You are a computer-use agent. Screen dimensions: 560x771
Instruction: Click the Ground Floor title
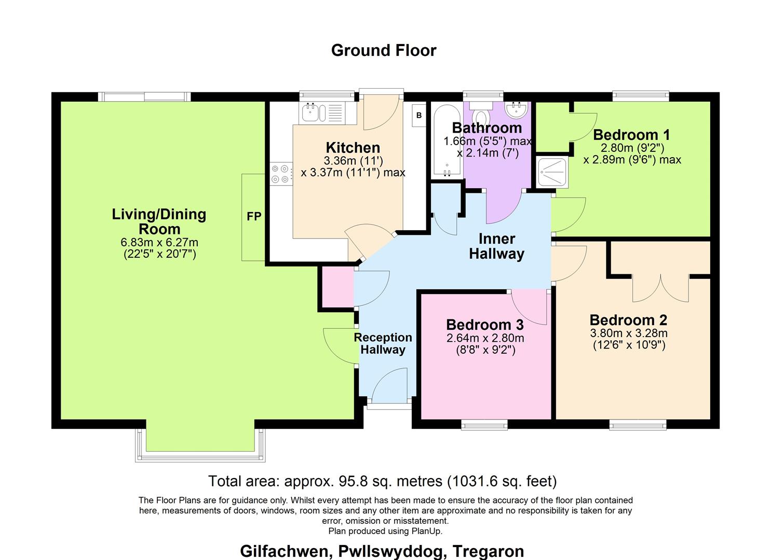click(384, 50)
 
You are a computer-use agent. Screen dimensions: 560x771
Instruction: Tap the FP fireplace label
click(254, 217)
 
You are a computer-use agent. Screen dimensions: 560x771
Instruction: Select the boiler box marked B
click(419, 116)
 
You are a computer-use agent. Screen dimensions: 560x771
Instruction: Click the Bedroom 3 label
click(484, 325)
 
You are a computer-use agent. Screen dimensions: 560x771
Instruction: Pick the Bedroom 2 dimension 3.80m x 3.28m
click(629, 333)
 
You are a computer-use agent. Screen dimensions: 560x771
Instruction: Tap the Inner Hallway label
click(497, 246)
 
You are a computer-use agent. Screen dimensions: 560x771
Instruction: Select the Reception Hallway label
click(383, 343)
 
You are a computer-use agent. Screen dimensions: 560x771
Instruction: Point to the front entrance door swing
click(390, 386)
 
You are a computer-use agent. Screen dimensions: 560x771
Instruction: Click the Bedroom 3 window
click(484, 425)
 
